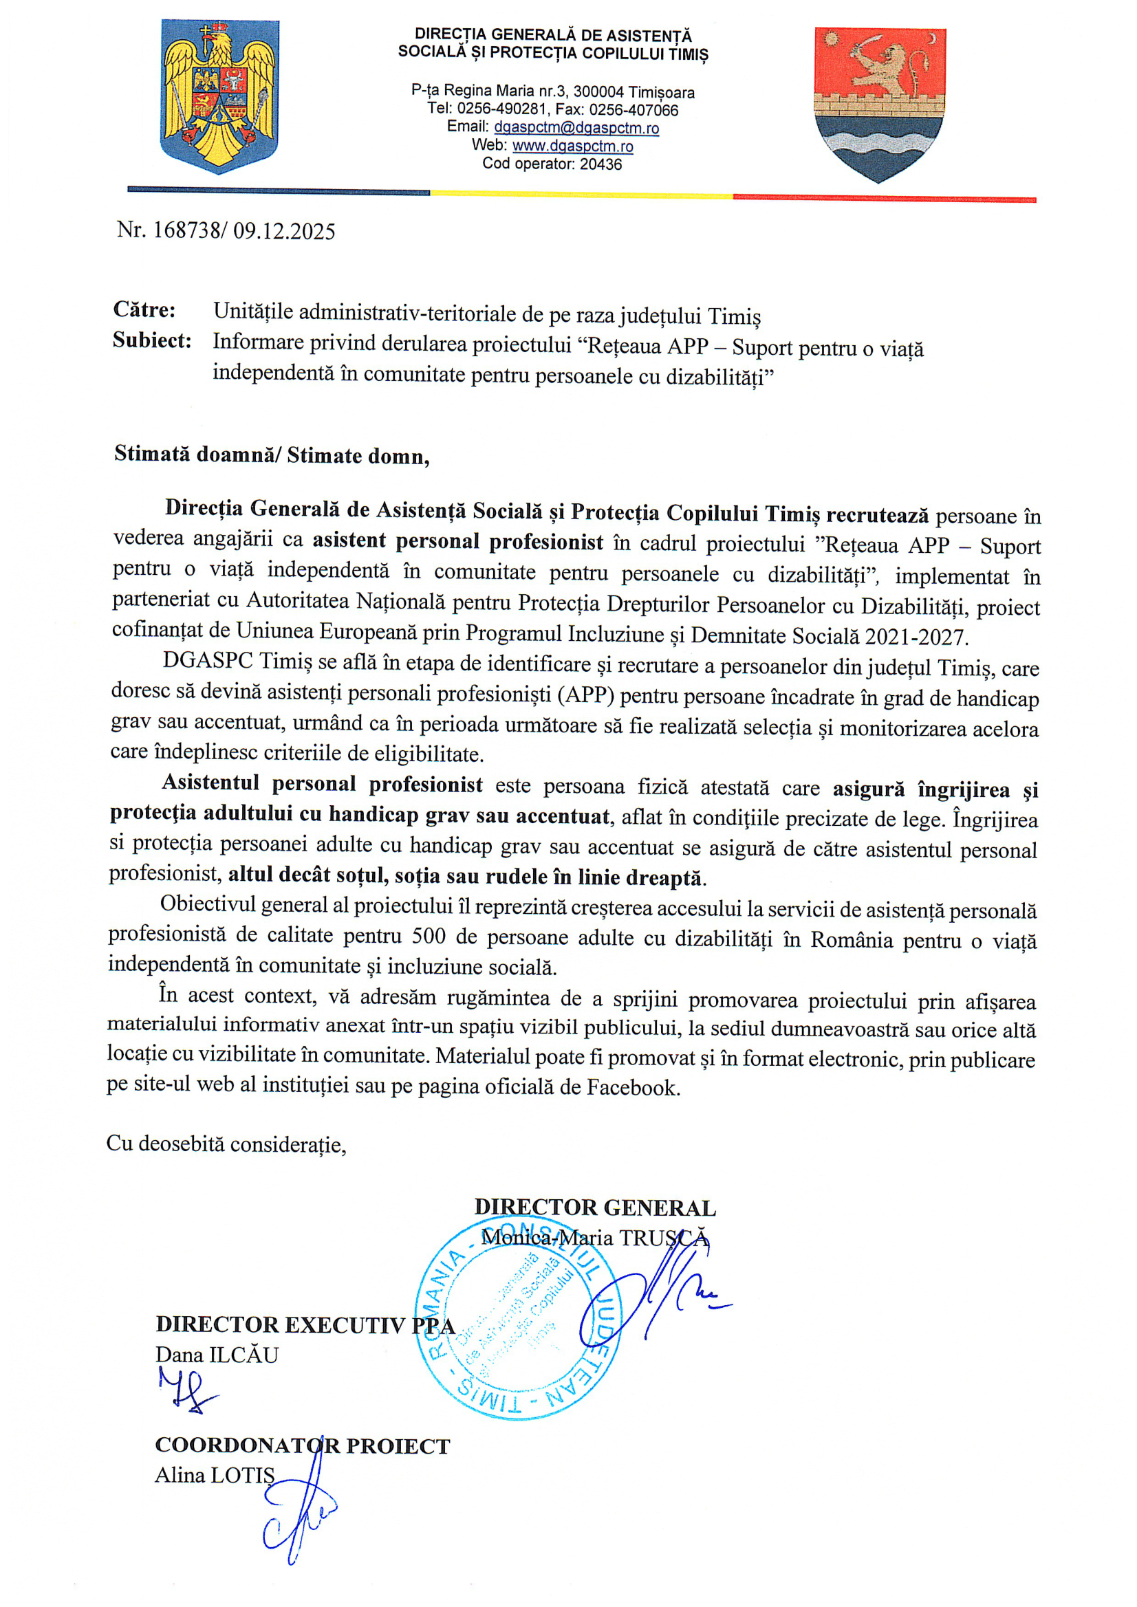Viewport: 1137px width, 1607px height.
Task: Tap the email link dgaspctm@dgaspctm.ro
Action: pos(576,128)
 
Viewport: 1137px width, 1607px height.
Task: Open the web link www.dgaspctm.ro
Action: pos(573,146)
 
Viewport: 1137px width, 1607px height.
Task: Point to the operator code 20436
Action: pos(600,164)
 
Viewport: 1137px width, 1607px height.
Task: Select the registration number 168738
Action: pos(186,230)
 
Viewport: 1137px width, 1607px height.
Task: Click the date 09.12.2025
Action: pos(284,231)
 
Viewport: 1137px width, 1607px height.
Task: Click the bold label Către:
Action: pos(144,309)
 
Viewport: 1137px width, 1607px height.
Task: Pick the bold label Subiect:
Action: pos(152,341)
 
